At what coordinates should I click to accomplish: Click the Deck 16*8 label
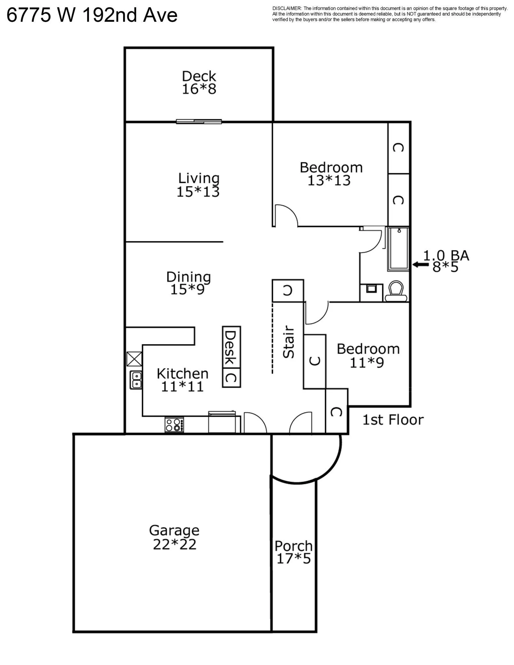click(x=199, y=83)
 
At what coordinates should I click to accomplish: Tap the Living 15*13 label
click(x=198, y=185)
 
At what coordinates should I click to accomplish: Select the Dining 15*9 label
click(x=188, y=283)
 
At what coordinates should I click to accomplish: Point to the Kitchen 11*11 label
click(x=182, y=380)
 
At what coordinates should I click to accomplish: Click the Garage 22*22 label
click(x=174, y=537)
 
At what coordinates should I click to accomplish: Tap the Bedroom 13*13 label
click(x=331, y=174)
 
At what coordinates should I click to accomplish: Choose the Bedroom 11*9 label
click(x=368, y=356)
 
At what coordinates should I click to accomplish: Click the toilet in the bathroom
click(x=396, y=291)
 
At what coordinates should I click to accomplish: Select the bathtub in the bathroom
click(x=399, y=249)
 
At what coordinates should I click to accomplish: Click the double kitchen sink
click(x=136, y=380)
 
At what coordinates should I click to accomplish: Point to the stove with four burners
click(x=174, y=425)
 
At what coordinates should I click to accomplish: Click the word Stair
click(x=289, y=342)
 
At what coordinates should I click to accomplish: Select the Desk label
click(x=231, y=347)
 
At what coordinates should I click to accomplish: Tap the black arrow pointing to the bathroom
click(x=421, y=264)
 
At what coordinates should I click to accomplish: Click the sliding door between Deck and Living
click(x=199, y=121)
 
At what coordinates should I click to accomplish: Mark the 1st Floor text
click(x=393, y=420)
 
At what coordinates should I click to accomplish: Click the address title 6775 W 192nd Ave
click(x=92, y=15)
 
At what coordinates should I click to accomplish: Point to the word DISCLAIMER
click(x=287, y=8)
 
